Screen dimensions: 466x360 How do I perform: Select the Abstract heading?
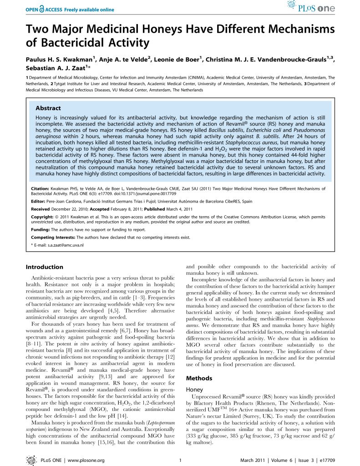point(48,108)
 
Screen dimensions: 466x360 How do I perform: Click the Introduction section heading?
point(45,267)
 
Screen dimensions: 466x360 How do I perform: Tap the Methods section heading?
point(200,378)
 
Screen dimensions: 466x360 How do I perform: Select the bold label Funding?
point(40,230)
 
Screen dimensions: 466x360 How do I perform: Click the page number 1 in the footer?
point(181,460)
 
